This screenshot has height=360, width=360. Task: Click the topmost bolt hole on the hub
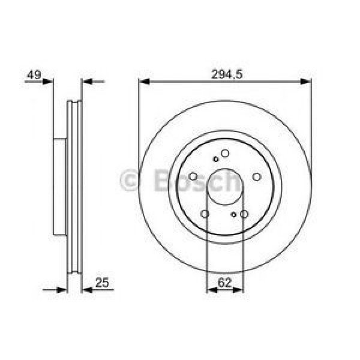[224, 154]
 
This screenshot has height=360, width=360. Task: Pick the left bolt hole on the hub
[193, 176]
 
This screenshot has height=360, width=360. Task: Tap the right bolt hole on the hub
[256, 176]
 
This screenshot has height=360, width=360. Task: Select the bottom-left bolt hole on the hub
[205, 214]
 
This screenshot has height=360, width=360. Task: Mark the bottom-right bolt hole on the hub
[244, 214]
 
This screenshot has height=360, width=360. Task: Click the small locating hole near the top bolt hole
[216, 160]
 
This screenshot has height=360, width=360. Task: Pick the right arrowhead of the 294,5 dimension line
[307, 81]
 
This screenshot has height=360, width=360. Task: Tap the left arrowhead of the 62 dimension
[211, 290]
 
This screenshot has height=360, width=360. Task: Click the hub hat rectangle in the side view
[59, 187]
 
